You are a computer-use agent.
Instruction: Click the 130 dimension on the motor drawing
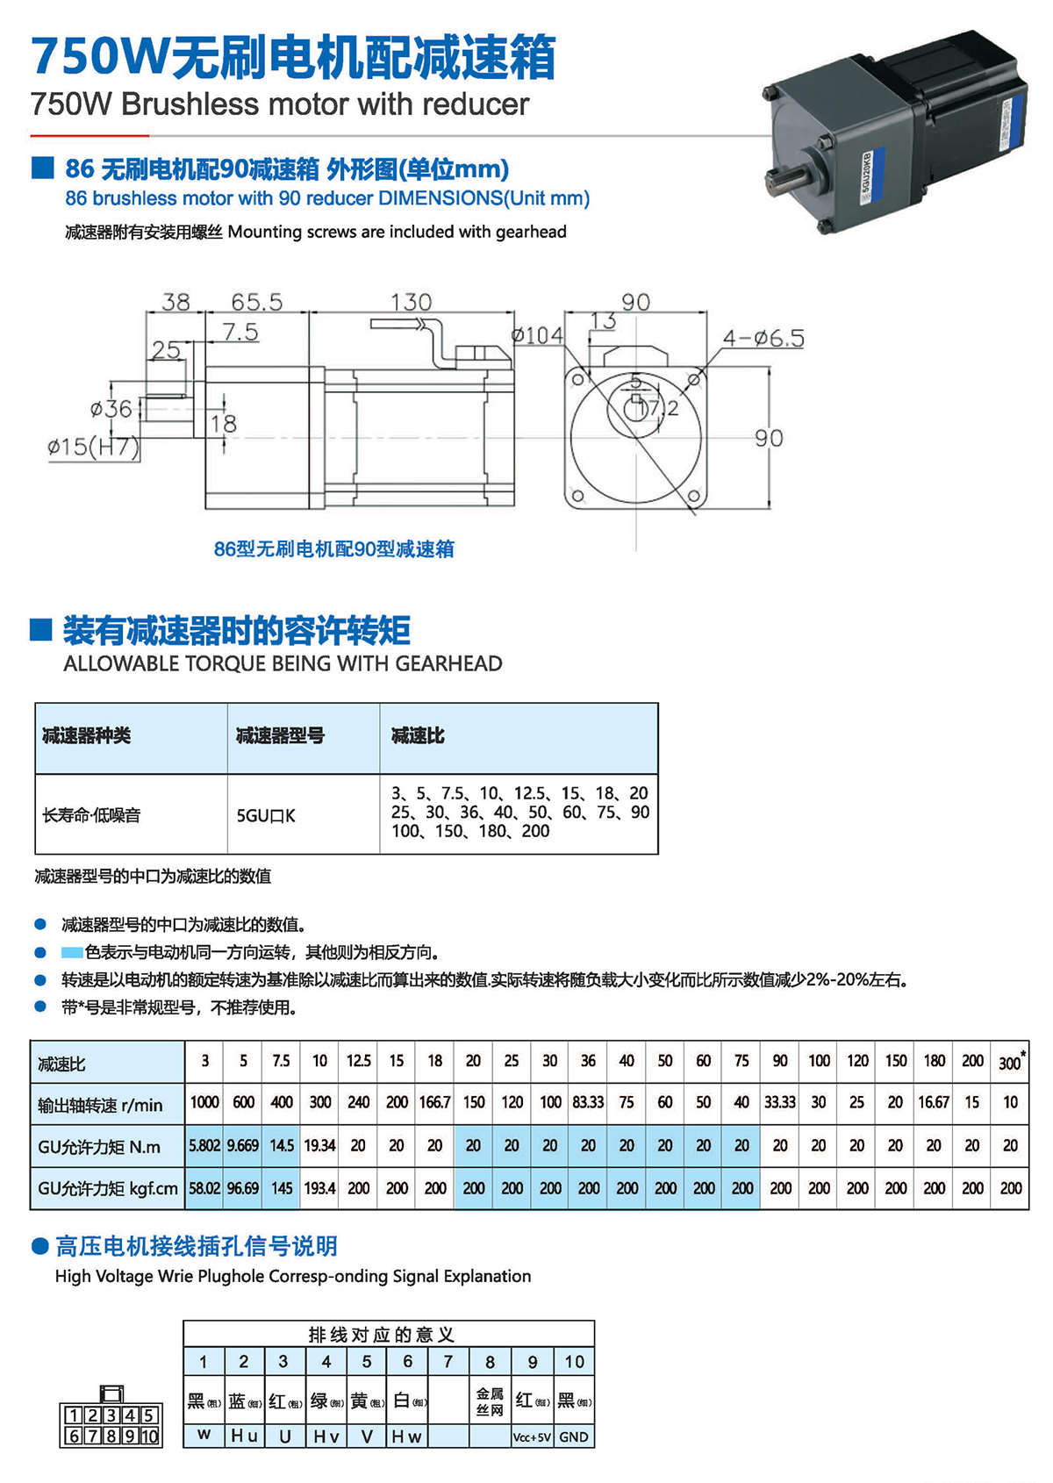(x=411, y=302)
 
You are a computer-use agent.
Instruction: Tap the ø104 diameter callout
(x=537, y=335)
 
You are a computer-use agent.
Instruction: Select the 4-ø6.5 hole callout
(x=763, y=338)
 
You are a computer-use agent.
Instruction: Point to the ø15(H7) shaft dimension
(x=93, y=447)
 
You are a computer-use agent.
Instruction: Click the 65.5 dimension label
(x=256, y=302)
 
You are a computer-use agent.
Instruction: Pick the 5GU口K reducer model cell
(x=266, y=815)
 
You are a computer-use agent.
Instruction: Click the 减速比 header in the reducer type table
(x=418, y=736)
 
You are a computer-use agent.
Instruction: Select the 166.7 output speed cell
(x=435, y=1102)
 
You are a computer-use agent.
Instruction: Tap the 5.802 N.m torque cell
(x=204, y=1145)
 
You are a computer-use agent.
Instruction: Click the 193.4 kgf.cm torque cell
(x=319, y=1188)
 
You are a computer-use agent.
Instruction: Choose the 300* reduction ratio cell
(x=1011, y=1062)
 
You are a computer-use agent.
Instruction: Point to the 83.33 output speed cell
(x=589, y=1102)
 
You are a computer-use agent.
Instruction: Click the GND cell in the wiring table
(x=574, y=1436)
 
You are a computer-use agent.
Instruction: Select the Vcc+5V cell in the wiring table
(x=532, y=1436)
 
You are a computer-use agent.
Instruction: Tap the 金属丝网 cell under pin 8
(x=490, y=1401)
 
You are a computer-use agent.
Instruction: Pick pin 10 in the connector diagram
(x=149, y=1436)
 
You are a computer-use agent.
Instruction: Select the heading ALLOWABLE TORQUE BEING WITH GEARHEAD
(x=283, y=663)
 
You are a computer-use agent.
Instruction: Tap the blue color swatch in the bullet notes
(x=72, y=952)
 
